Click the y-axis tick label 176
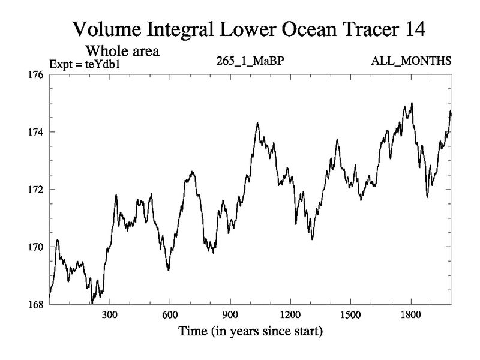coord(37,75)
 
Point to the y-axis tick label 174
coord(37,132)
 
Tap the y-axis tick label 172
coord(37,190)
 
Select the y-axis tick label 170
coord(37,247)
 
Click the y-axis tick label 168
coord(37,304)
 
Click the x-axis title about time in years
coord(250,331)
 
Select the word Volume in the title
coord(106,28)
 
